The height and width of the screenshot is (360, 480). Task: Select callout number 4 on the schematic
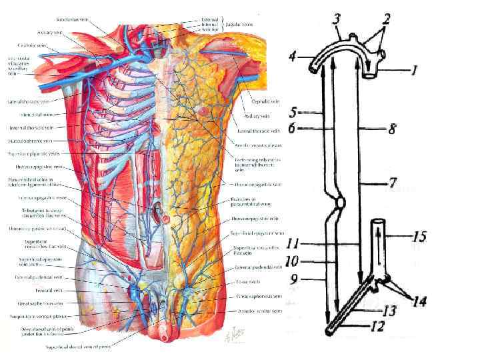[293, 57]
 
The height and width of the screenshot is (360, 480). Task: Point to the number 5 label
[293, 113]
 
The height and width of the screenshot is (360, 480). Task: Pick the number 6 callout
[293, 127]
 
